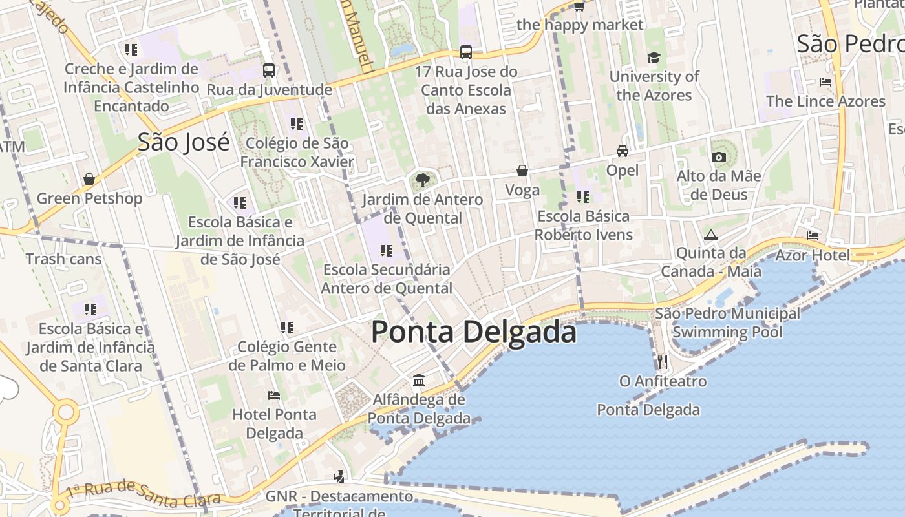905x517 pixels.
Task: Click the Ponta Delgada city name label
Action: [x=474, y=332]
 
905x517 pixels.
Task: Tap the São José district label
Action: [x=184, y=142]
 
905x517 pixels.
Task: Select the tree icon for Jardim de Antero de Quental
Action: [x=423, y=180]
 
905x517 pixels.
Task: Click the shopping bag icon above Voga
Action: [x=522, y=171]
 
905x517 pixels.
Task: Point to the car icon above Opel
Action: [x=623, y=151]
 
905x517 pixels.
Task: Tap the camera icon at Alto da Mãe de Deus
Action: [x=718, y=157]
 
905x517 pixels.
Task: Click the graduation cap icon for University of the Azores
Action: [x=654, y=58]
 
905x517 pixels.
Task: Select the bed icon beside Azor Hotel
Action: [x=813, y=236]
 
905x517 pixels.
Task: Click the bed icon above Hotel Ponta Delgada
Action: [x=274, y=395]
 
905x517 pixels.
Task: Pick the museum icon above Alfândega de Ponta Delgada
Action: [x=419, y=380]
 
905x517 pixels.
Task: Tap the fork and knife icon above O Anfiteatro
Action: [x=662, y=361]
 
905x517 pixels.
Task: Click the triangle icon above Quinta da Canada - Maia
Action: [x=711, y=235]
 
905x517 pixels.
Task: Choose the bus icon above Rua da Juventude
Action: [x=269, y=70]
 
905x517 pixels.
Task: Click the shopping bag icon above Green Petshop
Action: [x=89, y=179]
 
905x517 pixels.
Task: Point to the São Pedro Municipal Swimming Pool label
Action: [x=727, y=323]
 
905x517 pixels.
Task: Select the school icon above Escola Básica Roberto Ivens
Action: [x=583, y=196]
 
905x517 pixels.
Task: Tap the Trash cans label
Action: [x=63, y=259]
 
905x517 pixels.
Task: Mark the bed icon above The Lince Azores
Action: [x=825, y=82]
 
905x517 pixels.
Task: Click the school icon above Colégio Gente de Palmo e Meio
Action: [x=287, y=328]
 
